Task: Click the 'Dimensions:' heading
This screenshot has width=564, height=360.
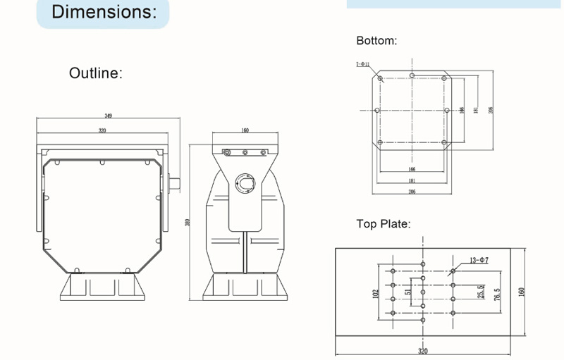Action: click(x=103, y=12)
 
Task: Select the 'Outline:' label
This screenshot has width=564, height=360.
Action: click(x=95, y=73)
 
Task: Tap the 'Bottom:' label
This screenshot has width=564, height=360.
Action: click(x=376, y=41)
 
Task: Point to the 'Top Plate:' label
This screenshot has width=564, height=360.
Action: click(x=384, y=224)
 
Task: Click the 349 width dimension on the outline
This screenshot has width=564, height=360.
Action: click(x=108, y=116)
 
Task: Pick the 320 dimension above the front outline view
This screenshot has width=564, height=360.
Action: click(x=102, y=130)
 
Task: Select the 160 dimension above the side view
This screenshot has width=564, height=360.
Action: click(x=245, y=130)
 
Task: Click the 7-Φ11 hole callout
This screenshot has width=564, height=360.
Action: click(x=363, y=65)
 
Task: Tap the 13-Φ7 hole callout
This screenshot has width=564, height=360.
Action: click(x=479, y=261)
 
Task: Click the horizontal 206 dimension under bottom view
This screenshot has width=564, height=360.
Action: click(x=412, y=191)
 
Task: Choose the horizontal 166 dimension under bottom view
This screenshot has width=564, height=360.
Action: click(x=412, y=170)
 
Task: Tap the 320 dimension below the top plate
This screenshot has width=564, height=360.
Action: click(x=422, y=350)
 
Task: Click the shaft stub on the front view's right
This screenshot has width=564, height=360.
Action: click(x=173, y=183)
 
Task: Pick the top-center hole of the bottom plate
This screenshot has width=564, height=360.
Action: click(x=412, y=75)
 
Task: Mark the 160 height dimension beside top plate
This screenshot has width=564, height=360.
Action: click(x=522, y=291)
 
